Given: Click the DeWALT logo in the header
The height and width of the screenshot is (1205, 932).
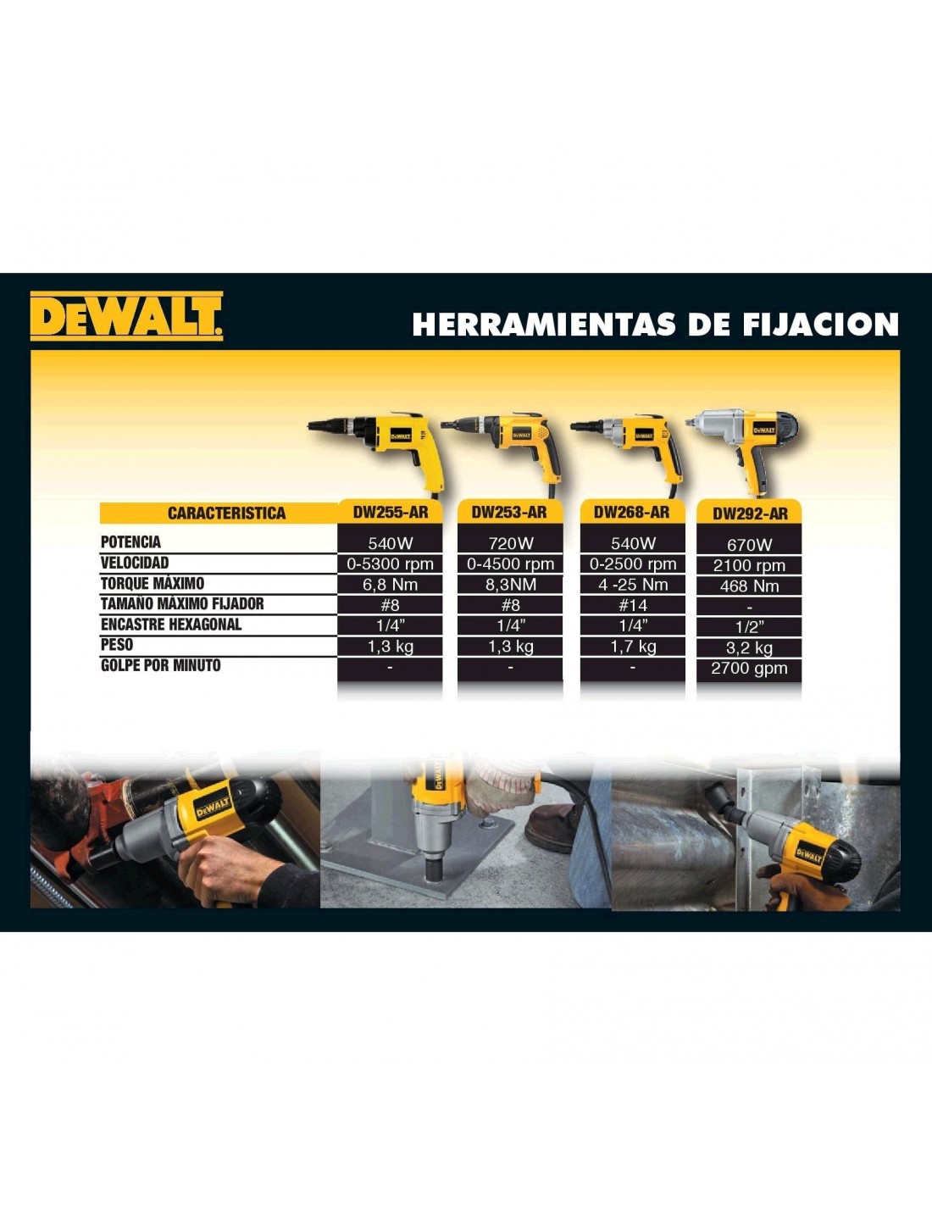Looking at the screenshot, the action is coord(126,315).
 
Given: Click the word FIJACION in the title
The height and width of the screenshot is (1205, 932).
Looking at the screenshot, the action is coord(821,325).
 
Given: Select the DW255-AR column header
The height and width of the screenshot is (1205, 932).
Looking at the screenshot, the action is coord(391,512).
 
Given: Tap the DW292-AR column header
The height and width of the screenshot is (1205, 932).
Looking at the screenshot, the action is coord(750,514).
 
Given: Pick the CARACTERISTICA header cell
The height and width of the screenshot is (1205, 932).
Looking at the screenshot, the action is coord(226,514).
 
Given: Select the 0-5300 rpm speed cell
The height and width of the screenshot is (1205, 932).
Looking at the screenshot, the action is coord(391,564).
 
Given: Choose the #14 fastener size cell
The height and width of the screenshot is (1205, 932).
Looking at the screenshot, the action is coord(633,605).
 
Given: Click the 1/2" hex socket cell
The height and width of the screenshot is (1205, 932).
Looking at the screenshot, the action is coord(750,627).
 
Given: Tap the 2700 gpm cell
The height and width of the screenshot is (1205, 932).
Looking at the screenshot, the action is coord(750,669).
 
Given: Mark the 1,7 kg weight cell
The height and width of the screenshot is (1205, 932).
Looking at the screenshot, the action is coord(633,646).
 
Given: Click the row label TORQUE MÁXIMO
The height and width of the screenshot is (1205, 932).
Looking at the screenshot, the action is coord(153,583).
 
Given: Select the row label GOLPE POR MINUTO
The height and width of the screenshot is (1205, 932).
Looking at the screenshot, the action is coord(161,665).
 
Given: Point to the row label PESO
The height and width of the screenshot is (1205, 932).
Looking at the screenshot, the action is coord(117,645).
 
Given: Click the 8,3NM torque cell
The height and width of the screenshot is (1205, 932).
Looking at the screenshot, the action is coord(510,585).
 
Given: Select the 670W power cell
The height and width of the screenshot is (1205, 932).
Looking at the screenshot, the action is coord(750,545).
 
